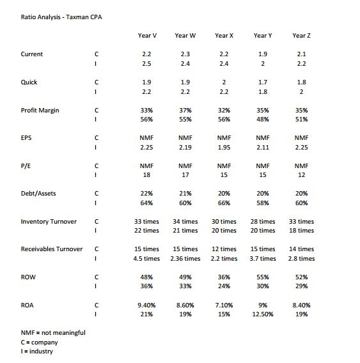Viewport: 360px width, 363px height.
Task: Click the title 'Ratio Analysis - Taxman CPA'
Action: click(57, 17)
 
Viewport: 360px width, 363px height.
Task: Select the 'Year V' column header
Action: click(147, 35)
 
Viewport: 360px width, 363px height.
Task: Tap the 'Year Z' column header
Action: click(301, 35)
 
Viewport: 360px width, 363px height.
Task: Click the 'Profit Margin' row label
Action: click(40, 110)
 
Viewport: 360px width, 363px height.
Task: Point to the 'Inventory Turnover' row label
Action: click(49, 221)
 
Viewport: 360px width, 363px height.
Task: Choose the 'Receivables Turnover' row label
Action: click(52, 249)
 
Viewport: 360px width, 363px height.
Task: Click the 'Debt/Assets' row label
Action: click(40, 193)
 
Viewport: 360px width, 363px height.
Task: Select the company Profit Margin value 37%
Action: click(185, 110)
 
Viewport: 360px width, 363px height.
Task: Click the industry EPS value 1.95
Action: click(224, 148)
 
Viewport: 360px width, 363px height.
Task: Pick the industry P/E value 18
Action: click(147, 175)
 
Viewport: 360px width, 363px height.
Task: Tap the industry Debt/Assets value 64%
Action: click(147, 203)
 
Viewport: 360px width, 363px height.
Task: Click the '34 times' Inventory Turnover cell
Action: click(185, 221)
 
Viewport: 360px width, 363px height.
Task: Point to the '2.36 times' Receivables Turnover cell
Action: click(185, 259)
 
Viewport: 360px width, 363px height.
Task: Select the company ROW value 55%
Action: click(262, 277)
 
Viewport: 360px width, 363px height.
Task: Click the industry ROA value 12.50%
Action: click(262, 314)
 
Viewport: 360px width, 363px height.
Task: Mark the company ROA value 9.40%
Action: click(147, 305)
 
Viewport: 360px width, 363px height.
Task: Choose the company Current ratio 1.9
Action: click(262, 54)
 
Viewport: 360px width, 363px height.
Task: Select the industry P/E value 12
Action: click(301, 175)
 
